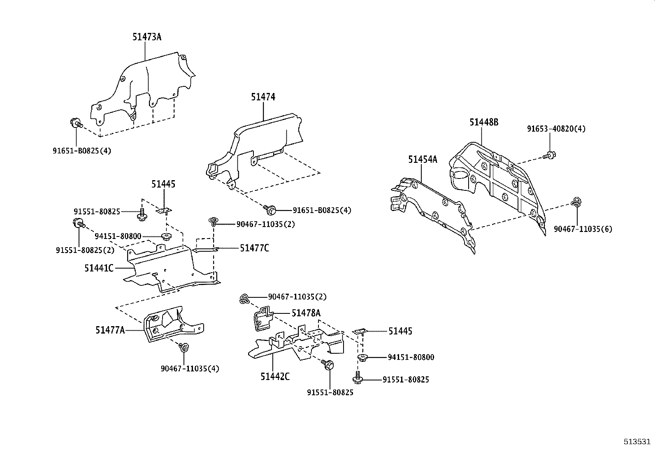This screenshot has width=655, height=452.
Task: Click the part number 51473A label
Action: pos(146,37)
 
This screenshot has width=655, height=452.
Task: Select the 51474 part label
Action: pos(263,97)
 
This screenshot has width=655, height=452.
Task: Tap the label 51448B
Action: pos(484,123)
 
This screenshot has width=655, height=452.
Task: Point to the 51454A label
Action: pos(423,160)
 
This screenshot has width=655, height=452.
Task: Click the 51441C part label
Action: pos(99,268)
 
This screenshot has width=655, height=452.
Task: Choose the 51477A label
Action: pos(110,330)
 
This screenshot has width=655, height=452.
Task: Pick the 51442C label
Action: pos(275,376)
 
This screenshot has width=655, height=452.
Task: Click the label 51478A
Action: pos(306,313)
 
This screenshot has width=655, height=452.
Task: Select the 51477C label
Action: pos(255,248)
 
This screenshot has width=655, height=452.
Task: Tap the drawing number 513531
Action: pos(637,441)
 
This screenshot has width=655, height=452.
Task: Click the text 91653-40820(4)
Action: pos(556,129)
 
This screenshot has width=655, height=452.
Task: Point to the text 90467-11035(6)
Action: pos(583,229)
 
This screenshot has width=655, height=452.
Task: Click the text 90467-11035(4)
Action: pos(190,369)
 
